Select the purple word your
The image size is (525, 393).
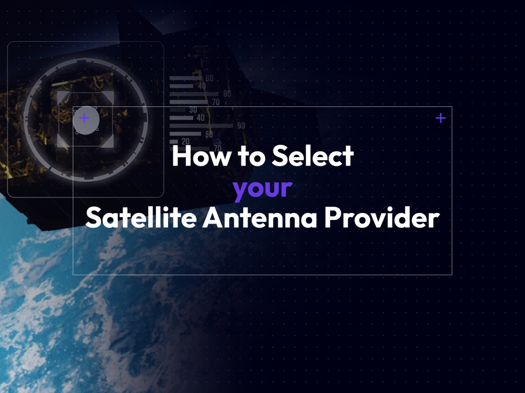[x=262, y=189]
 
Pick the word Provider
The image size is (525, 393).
[x=381, y=218]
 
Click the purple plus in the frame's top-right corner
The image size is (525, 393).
[x=440, y=118]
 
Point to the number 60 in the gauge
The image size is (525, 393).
[x=209, y=79]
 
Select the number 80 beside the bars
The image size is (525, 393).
[x=227, y=94]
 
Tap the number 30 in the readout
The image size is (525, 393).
[x=193, y=110]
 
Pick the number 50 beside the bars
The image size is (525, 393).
[x=209, y=135]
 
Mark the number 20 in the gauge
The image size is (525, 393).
[x=186, y=141]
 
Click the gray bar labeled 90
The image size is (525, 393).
[x=201, y=126]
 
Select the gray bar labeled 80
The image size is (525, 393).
[x=194, y=94]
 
